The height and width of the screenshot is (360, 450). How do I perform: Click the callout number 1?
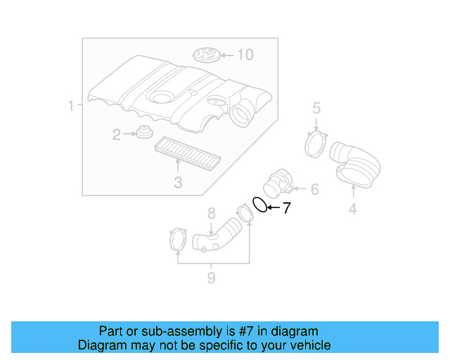point(71,106)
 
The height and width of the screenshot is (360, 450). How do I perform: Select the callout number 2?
point(117,134)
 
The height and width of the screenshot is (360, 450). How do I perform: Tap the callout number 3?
point(178,184)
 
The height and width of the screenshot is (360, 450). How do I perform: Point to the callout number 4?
point(352,208)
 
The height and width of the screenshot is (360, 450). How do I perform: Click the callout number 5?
point(316,108)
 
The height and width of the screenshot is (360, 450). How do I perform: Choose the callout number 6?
point(314,189)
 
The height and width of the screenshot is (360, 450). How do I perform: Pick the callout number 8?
point(210,213)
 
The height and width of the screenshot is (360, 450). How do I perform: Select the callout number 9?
point(211,278)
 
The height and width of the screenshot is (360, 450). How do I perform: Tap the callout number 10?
point(244,54)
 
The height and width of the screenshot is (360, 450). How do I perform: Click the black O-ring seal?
point(259,205)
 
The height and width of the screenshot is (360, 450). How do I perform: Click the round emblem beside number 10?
point(206,54)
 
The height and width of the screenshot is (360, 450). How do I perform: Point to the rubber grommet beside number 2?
point(145,132)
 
